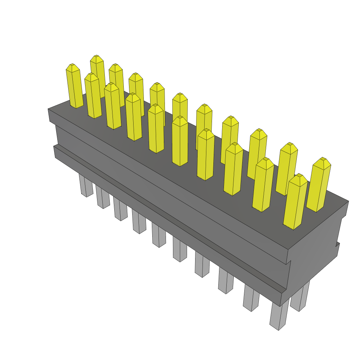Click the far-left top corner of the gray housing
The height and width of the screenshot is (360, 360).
[48, 109]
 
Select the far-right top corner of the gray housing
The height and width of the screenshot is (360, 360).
[348, 201]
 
